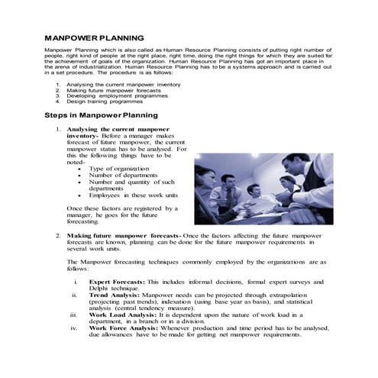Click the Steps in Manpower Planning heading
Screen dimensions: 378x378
coord(101,115)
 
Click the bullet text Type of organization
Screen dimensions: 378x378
coord(121,167)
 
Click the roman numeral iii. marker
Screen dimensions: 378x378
coord(73,314)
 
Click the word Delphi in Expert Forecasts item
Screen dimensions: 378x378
coord(100,287)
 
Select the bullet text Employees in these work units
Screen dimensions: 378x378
coord(133,195)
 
